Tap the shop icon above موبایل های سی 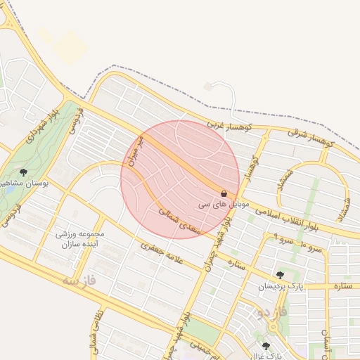224,193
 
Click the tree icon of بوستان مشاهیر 24,172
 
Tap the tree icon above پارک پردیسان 281,275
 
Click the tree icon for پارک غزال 266,346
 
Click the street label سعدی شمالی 179,220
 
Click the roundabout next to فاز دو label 273,328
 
